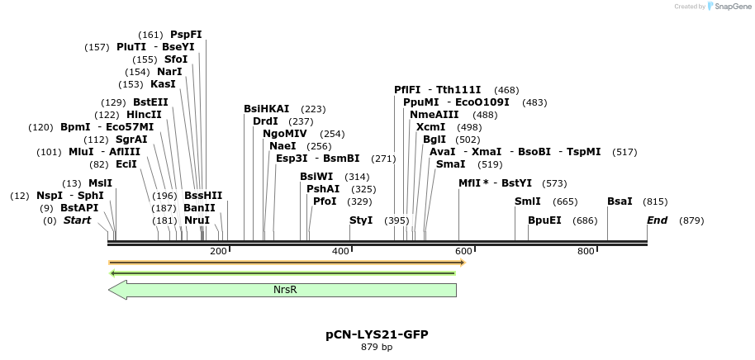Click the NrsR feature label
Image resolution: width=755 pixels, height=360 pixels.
[x=285, y=290]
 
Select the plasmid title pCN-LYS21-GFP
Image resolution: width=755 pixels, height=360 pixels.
[x=377, y=334]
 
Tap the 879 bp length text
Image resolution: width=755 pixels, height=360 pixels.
[x=377, y=347]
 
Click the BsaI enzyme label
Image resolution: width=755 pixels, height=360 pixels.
[x=620, y=201]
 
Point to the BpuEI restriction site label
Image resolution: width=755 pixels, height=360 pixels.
[x=544, y=220]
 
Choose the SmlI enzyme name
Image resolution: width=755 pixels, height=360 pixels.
[x=528, y=201]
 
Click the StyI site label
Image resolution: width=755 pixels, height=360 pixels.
[x=361, y=220]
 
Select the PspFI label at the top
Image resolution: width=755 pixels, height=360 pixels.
[x=186, y=35]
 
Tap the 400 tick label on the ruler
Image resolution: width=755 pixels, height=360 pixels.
[x=340, y=251]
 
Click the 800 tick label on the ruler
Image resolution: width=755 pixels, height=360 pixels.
[x=586, y=251]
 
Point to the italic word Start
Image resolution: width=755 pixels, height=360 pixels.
[x=77, y=220]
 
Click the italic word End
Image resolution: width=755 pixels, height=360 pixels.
[x=657, y=220]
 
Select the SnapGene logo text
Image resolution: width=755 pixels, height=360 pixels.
[x=728, y=7]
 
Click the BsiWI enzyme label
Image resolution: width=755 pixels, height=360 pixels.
[x=316, y=177]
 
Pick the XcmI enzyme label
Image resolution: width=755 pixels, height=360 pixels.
[x=430, y=127]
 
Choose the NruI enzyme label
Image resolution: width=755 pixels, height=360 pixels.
[x=197, y=220]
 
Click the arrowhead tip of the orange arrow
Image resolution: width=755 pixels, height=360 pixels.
[x=464, y=263]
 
